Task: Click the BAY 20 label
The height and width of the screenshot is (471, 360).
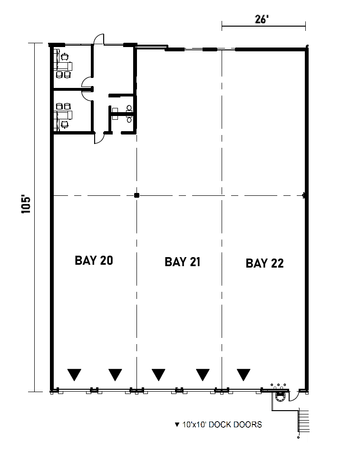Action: (94, 260)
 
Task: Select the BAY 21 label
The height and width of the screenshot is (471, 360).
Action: (183, 262)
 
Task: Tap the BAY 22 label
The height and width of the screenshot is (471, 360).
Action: (264, 263)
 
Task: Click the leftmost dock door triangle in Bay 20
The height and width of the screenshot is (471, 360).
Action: (74, 375)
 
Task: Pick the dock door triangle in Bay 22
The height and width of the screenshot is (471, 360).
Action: (244, 375)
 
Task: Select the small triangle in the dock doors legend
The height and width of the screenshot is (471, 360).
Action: (177, 424)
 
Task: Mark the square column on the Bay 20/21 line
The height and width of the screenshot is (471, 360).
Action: (136, 195)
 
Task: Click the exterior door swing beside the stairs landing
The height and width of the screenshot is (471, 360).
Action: (293, 394)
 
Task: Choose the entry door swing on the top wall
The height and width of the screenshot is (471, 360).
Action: (98, 40)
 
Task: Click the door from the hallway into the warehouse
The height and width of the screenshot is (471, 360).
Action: (98, 138)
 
